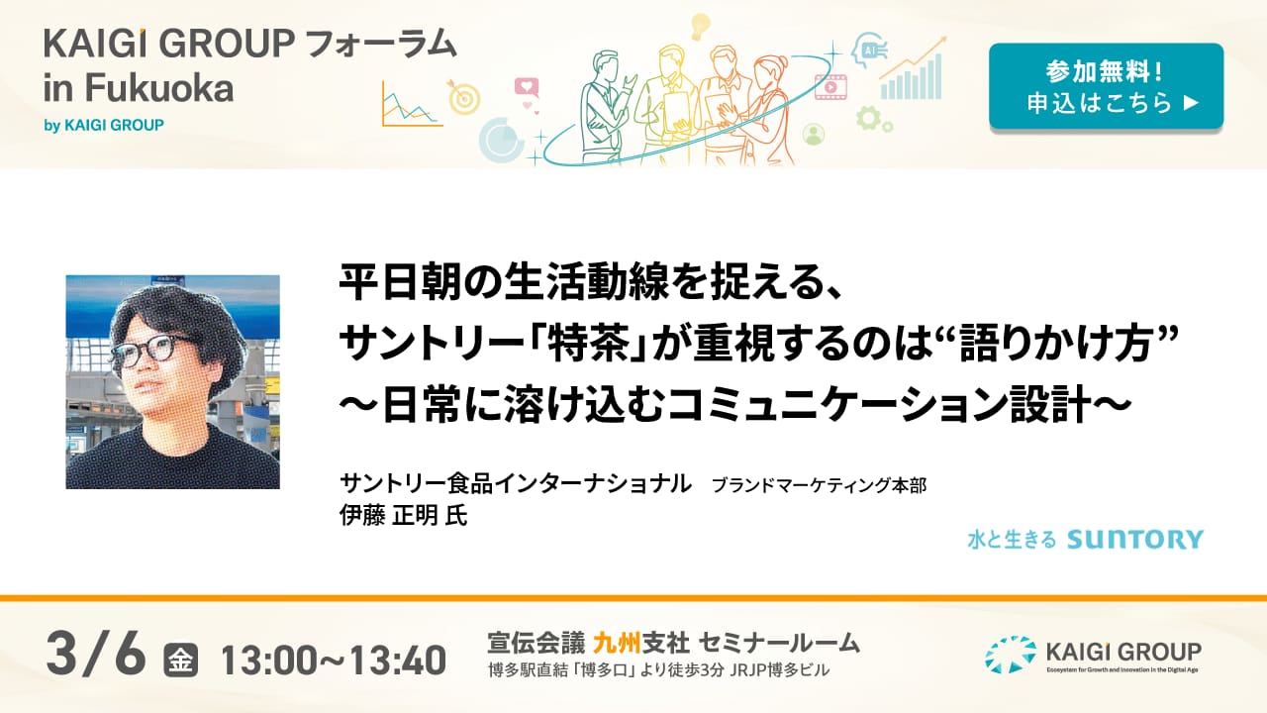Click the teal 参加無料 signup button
point(1106,86)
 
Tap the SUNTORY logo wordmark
point(1135,540)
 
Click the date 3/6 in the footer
point(96,655)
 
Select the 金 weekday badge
point(181,661)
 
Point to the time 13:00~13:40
point(334,661)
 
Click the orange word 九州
point(617,643)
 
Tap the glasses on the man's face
point(148,350)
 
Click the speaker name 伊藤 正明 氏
point(403,516)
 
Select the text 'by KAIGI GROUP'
point(104,125)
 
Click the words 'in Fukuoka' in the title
point(139,88)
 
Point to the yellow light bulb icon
point(700,27)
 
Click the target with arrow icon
point(463,97)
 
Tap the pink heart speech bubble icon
point(527,86)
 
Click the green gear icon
point(868,118)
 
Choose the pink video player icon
point(830,87)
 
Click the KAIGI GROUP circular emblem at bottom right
point(1011,655)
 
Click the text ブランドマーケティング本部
point(819,485)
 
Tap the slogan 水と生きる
point(1012,540)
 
